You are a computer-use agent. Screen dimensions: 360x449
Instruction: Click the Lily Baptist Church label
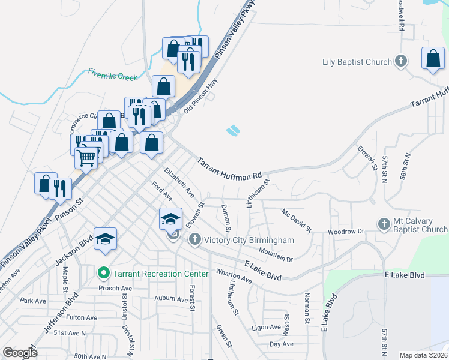pos(357,61)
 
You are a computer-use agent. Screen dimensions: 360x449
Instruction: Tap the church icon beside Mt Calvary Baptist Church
pos(384,224)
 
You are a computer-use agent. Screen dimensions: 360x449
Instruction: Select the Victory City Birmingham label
pos(249,241)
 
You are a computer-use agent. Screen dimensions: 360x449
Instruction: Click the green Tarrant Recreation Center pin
pos(103,274)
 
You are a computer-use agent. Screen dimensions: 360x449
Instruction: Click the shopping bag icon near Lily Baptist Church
pos(433,59)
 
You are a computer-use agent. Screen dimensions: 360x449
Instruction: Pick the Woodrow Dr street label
pos(346,232)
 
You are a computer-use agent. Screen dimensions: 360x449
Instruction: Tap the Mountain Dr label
pos(276,254)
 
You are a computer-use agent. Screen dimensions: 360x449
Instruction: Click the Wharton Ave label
pos(234,275)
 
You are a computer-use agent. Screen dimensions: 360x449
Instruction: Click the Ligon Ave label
pos(267,328)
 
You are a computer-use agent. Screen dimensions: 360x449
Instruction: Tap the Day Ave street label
pos(282,344)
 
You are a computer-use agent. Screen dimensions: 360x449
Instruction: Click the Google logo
pos(20,353)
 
